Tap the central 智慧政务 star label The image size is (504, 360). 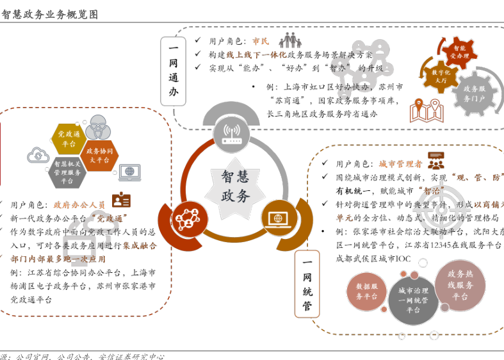[236, 186]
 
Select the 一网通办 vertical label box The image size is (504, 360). [173, 70]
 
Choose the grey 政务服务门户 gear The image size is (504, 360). [475, 94]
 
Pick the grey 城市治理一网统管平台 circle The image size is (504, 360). [412, 300]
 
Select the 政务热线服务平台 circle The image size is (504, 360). [460, 284]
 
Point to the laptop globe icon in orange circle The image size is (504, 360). [279, 218]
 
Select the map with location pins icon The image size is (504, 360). [427, 111]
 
